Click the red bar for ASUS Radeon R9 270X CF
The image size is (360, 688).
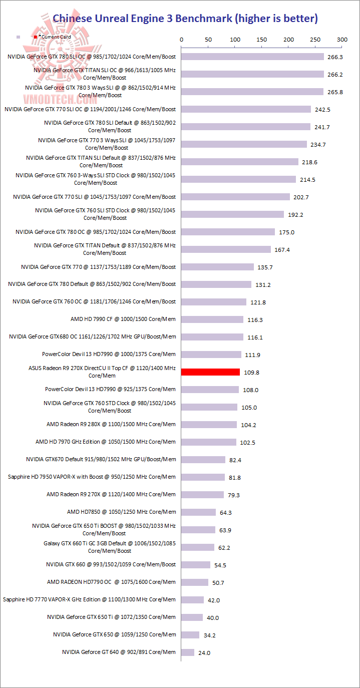click(x=210, y=372)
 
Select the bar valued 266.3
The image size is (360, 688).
click(x=252, y=57)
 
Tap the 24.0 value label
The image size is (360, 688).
click(x=204, y=653)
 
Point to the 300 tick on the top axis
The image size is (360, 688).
click(x=342, y=39)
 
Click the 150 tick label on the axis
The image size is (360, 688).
click(x=261, y=39)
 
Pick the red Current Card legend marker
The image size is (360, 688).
click(x=35, y=37)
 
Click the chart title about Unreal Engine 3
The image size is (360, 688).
click(x=185, y=19)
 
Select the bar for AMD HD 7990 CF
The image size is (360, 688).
click(x=212, y=319)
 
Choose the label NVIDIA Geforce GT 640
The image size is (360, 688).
click(x=119, y=652)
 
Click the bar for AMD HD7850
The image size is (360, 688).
click(x=198, y=512)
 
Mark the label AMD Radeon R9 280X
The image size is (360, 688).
click(x=111, y=424)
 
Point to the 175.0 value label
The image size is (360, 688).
click(x=286, y=232)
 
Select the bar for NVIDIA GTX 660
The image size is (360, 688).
click(x=196, y=565)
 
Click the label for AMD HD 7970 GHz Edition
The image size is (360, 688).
click(x=106, y=442)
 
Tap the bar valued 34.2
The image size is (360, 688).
click(x=190, y=635)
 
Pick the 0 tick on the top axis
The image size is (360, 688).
click(x=181, y=39)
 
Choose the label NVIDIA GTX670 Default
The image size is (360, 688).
click(x=101, y=459)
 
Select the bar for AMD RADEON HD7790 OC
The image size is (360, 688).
click(x=195, y=582)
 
